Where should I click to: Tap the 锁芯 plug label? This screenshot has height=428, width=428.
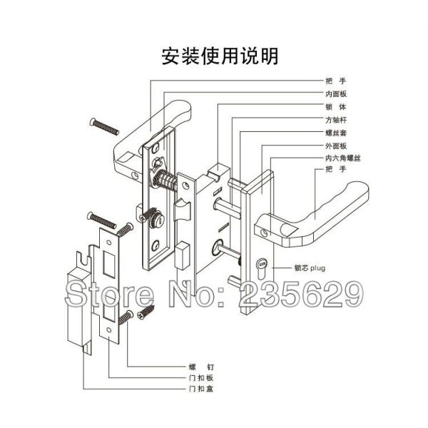(x=310, y=270)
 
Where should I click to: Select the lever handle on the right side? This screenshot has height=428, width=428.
(x=314, y=207)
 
